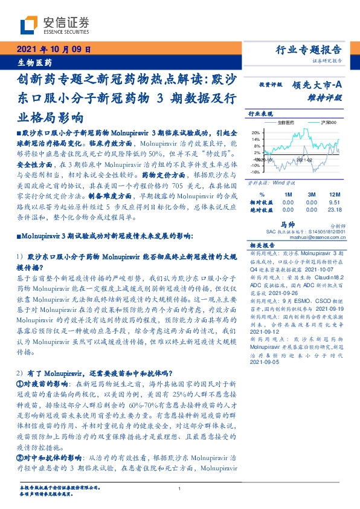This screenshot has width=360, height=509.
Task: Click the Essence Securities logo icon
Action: [x=29, y=25]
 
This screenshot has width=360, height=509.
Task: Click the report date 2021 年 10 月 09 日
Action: [x=53, y=50]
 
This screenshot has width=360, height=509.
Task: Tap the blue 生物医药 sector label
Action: [x=34, y=62]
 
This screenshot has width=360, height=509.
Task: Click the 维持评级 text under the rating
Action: [x=329, y=97]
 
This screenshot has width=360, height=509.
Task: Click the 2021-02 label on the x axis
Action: [x=304, y=160]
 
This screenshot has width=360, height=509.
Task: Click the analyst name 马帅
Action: [x=288, y=224]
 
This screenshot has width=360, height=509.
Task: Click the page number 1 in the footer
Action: [x=180, y=488]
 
